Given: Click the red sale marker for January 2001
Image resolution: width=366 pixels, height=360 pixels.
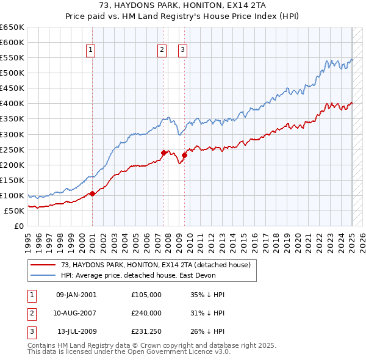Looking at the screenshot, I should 92,193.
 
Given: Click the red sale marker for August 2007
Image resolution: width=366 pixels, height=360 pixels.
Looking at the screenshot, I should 163,153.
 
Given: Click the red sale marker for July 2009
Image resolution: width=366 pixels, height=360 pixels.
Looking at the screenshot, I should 184,155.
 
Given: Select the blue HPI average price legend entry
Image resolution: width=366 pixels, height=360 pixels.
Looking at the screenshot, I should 147,275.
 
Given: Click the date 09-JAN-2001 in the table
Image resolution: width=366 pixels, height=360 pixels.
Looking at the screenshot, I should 76,294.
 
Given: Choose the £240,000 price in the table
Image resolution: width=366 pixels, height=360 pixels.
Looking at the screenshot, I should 146,313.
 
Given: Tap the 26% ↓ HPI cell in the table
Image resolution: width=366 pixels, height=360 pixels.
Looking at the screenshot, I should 207,332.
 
